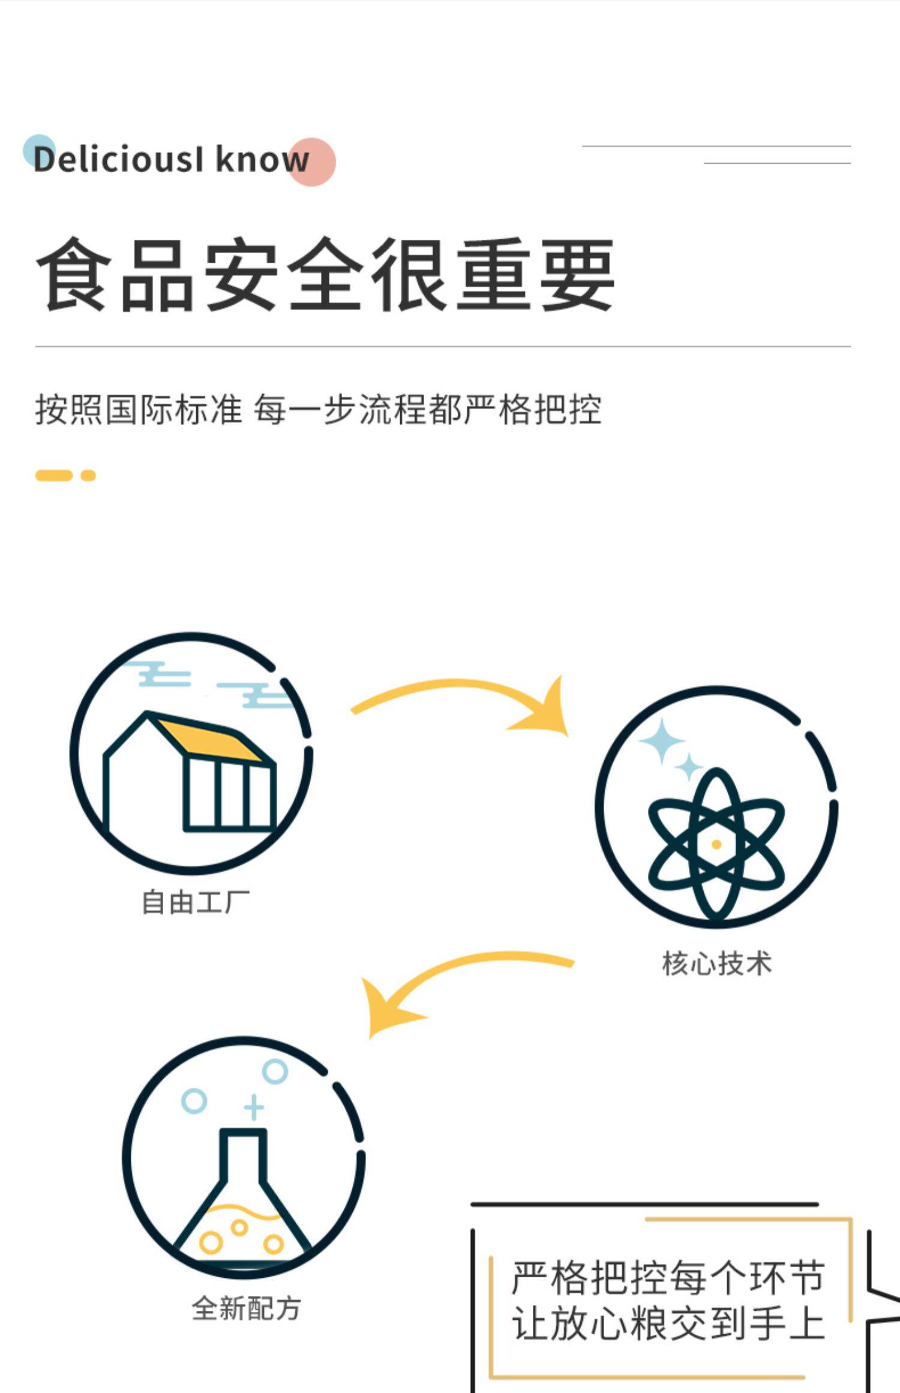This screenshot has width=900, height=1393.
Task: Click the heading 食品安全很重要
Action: tap(325, 275)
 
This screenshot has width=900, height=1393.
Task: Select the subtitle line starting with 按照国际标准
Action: tap(318, 410)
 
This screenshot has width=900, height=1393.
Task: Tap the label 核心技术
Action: tap(716, 963)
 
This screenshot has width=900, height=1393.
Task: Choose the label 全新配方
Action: tap(246, 1308)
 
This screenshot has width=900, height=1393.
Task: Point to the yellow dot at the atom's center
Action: tap(716, 845)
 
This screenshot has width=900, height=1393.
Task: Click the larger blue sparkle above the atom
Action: tap(662, 741)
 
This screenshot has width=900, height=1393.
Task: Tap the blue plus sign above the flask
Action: tap(254, 1107)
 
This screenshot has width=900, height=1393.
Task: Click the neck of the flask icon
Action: tap(243, 1155)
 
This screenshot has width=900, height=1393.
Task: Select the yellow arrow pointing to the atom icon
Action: tap(468, 696)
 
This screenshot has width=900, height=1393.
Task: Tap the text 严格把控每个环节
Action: tap(668, 1278)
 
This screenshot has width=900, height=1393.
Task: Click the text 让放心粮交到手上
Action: tap(668, 1325)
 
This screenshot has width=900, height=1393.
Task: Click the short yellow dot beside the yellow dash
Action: tap(88, 476)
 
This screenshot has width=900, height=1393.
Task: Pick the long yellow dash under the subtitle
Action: tap(54, 476)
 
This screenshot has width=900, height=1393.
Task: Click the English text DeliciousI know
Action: tap(171, 160)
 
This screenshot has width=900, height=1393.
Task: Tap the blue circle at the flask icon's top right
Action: tap(275, 1071)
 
